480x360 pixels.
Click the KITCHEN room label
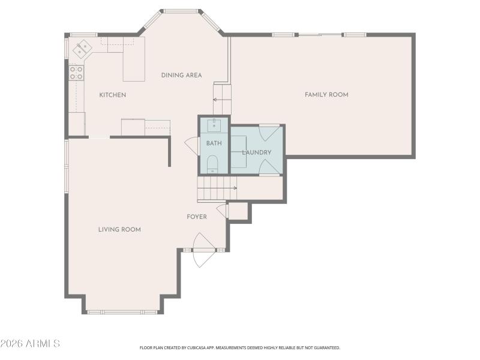112,95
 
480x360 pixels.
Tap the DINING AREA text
181,75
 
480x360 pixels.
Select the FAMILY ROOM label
326,94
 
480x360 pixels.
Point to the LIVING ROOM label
119,229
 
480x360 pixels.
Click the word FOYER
197,217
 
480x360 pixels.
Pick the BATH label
214,143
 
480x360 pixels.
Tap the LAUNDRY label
257,152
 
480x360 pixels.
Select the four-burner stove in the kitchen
76,73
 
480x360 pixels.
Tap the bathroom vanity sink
214,125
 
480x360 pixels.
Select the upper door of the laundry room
268,133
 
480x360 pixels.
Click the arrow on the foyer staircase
234,188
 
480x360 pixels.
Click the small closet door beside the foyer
223,211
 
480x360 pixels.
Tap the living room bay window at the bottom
122,311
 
